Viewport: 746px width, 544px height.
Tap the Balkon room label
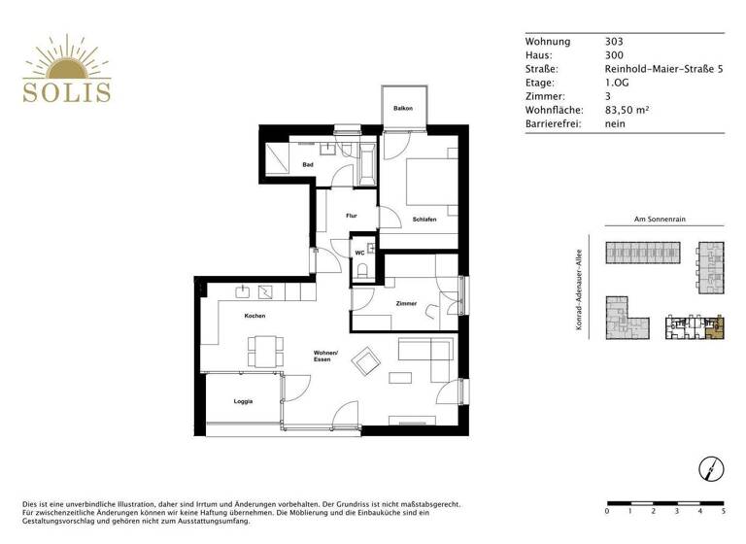(403, 109)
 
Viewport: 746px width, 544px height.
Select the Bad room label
(308, 165)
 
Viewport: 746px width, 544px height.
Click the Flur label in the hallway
(325, 216)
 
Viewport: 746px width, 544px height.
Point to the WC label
(358, 253)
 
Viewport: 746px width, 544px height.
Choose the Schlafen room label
(424, 220)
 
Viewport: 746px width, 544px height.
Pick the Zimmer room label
(406, 304)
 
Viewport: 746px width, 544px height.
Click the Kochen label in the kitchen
(254, 316)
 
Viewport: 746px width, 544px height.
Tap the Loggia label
(243, 401)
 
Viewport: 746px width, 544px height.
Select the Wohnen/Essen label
(324, 356)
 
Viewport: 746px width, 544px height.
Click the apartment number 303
(614, 43)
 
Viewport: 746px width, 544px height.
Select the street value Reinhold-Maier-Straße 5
(664, 70)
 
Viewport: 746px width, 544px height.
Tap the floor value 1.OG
(617, 84)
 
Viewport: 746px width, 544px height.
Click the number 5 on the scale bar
(723, 510)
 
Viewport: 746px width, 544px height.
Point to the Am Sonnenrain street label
(660, 221)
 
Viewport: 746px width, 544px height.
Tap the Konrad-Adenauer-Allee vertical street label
(578, 290)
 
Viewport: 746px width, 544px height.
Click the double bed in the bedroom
(424, 179)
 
